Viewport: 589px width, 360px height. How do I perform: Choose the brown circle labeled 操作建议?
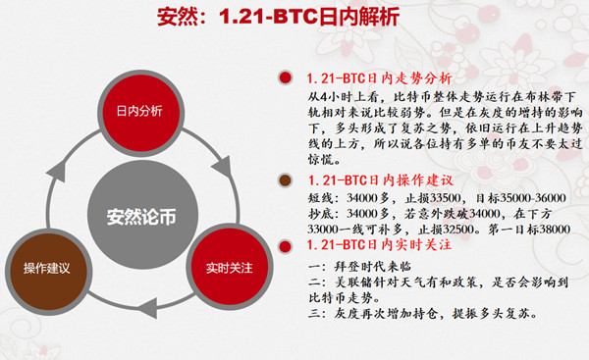(46, 268)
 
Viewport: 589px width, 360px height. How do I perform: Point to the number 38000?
(555, 228)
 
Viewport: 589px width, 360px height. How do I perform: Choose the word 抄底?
(320, 212)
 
